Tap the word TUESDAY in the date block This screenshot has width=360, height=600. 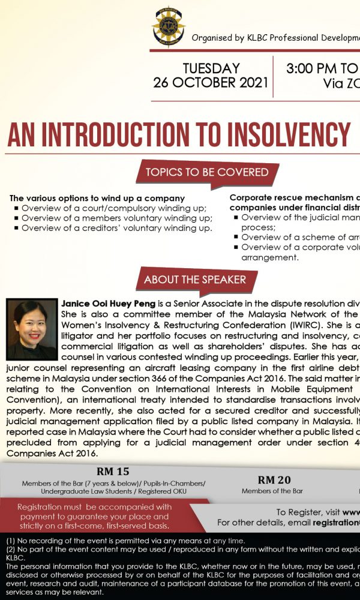211,68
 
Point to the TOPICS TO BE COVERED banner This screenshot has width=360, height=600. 206,172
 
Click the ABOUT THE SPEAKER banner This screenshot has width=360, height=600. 194,280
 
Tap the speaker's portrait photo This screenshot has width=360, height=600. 31,329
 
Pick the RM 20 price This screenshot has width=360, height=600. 274,479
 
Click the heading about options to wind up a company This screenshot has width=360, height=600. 97,198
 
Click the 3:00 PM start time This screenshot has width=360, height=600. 313,68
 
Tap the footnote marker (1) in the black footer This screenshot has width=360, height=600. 10,541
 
